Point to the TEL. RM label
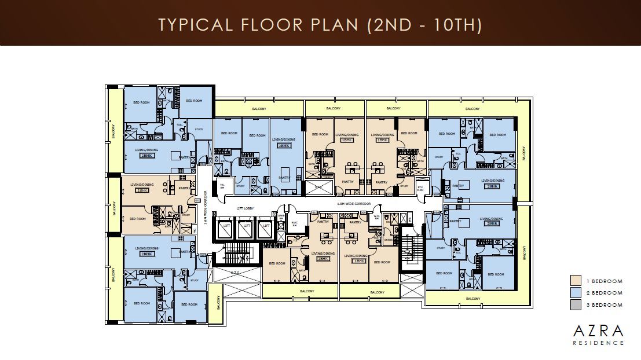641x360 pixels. (x=222, y=186)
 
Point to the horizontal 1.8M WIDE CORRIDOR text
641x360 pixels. (x=354, y=204)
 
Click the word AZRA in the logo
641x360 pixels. (x=598, y=331)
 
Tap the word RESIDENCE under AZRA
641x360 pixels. (x=598, y=343)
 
